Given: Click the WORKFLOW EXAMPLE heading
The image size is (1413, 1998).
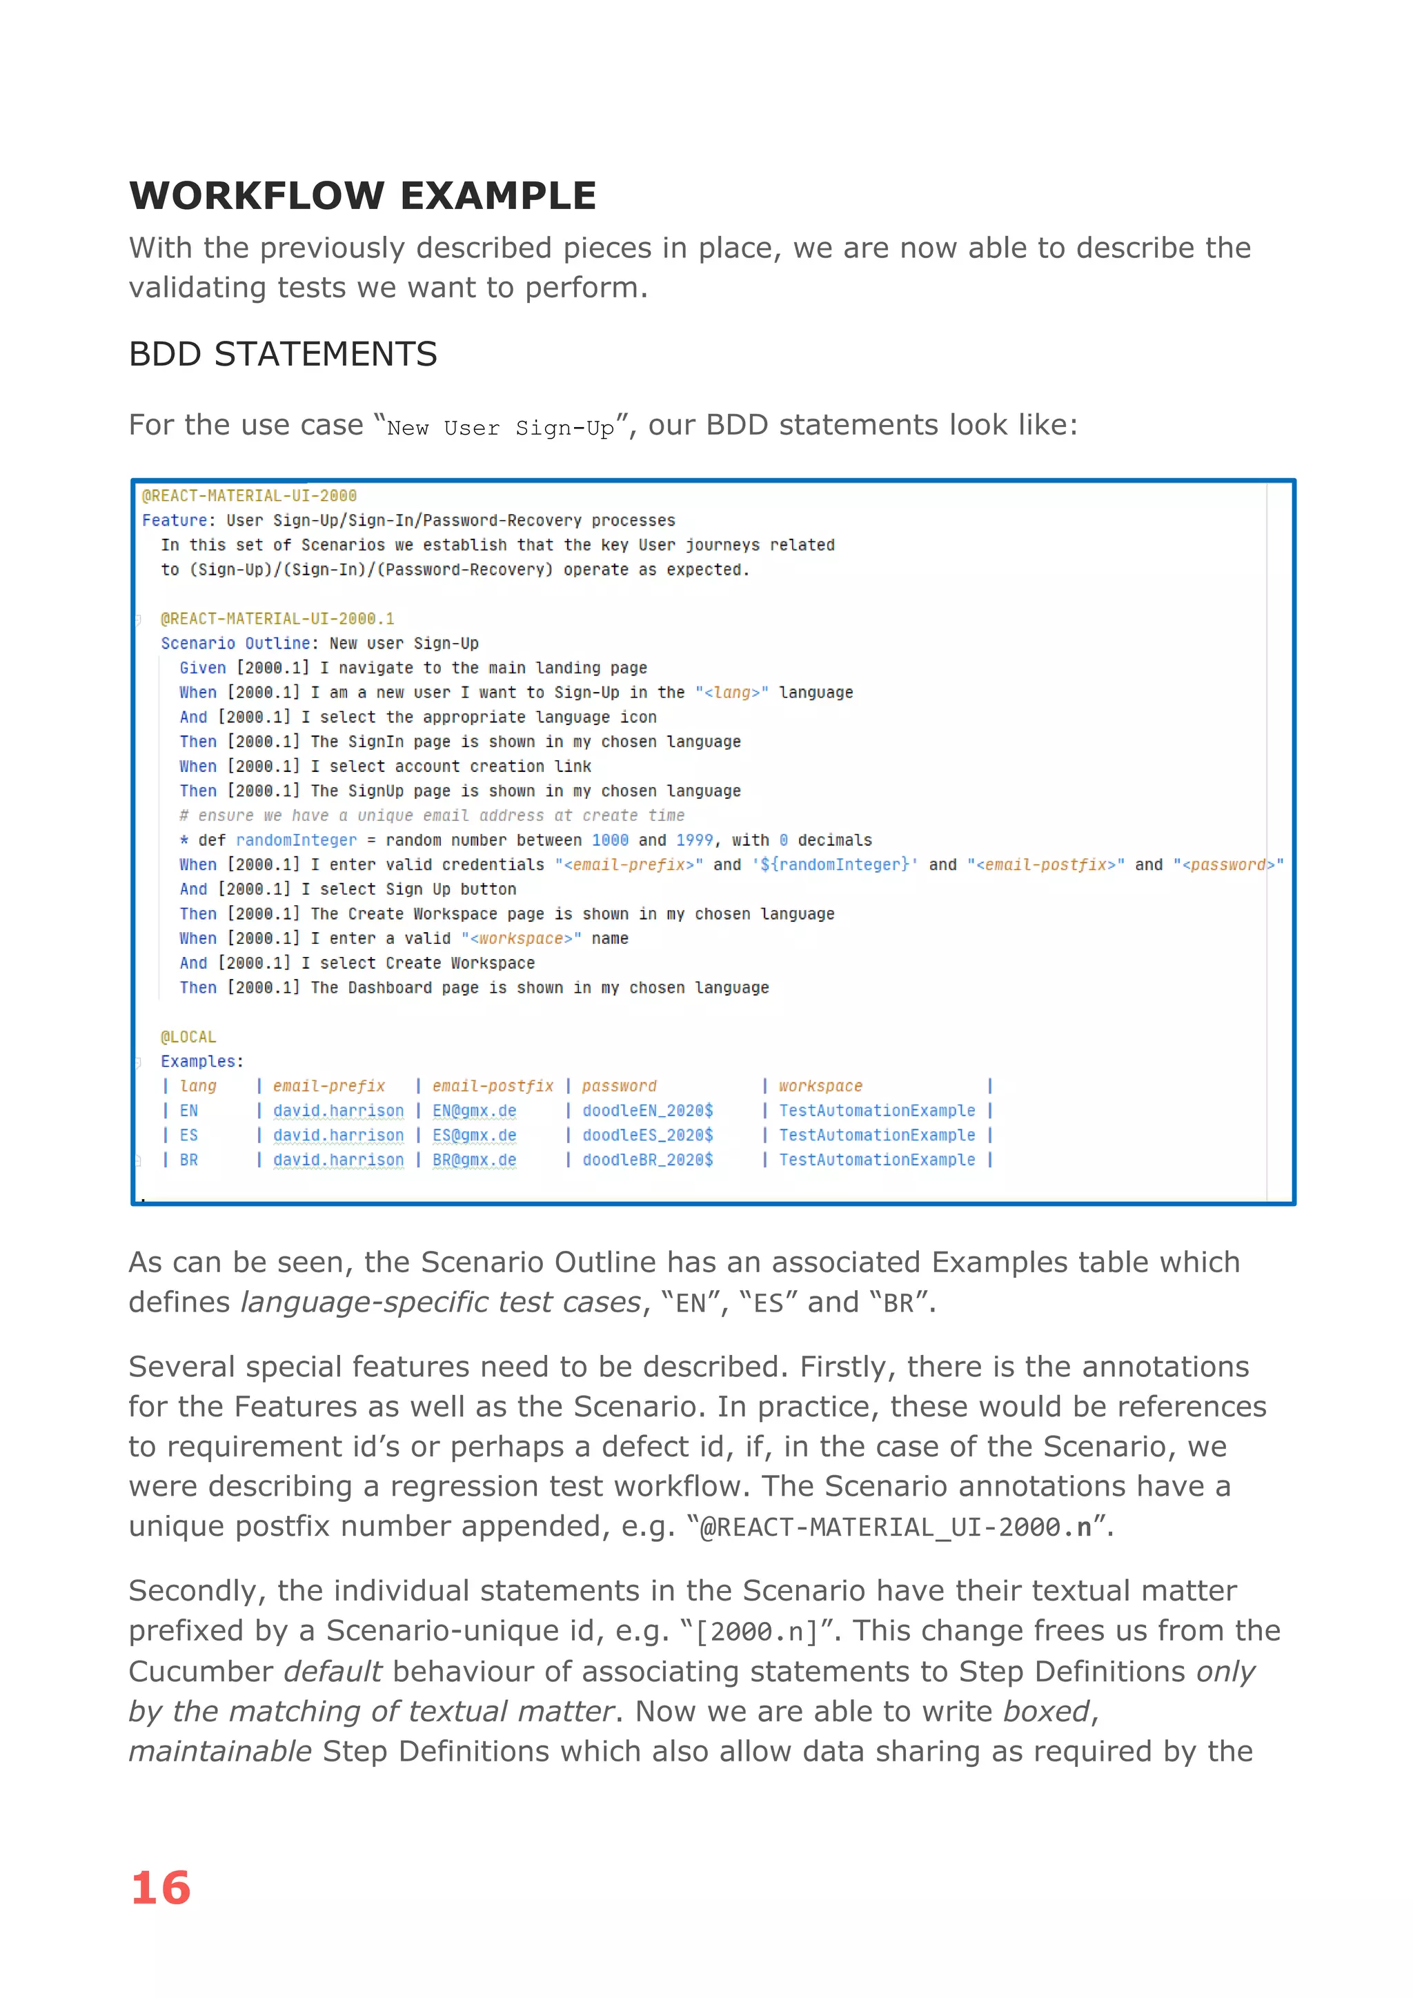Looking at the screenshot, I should (362, 196).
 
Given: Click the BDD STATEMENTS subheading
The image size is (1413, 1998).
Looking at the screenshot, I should (283, 354).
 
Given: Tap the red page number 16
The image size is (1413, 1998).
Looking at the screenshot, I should (160, 1888).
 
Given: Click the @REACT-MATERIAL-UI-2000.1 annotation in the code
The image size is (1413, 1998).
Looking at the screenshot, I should (277, 619).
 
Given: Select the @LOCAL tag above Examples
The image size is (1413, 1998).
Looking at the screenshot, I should (188, 1036).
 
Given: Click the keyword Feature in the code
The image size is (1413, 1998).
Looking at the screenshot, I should (174, 520).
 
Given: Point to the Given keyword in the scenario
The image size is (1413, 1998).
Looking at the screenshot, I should (202, 667).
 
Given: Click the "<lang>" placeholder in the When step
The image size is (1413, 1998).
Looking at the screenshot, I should (731, 693).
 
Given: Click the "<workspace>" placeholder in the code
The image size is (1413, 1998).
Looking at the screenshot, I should (520, 938).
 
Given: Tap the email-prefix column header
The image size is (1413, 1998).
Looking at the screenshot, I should (329, 1086).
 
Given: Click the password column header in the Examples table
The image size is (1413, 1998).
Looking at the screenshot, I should (619, 1086).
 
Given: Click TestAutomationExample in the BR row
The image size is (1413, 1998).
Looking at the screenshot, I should (876, 1160).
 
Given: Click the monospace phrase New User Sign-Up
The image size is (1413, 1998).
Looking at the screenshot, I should (500, 428).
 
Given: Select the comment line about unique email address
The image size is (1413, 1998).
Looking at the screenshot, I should (431, 815).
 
